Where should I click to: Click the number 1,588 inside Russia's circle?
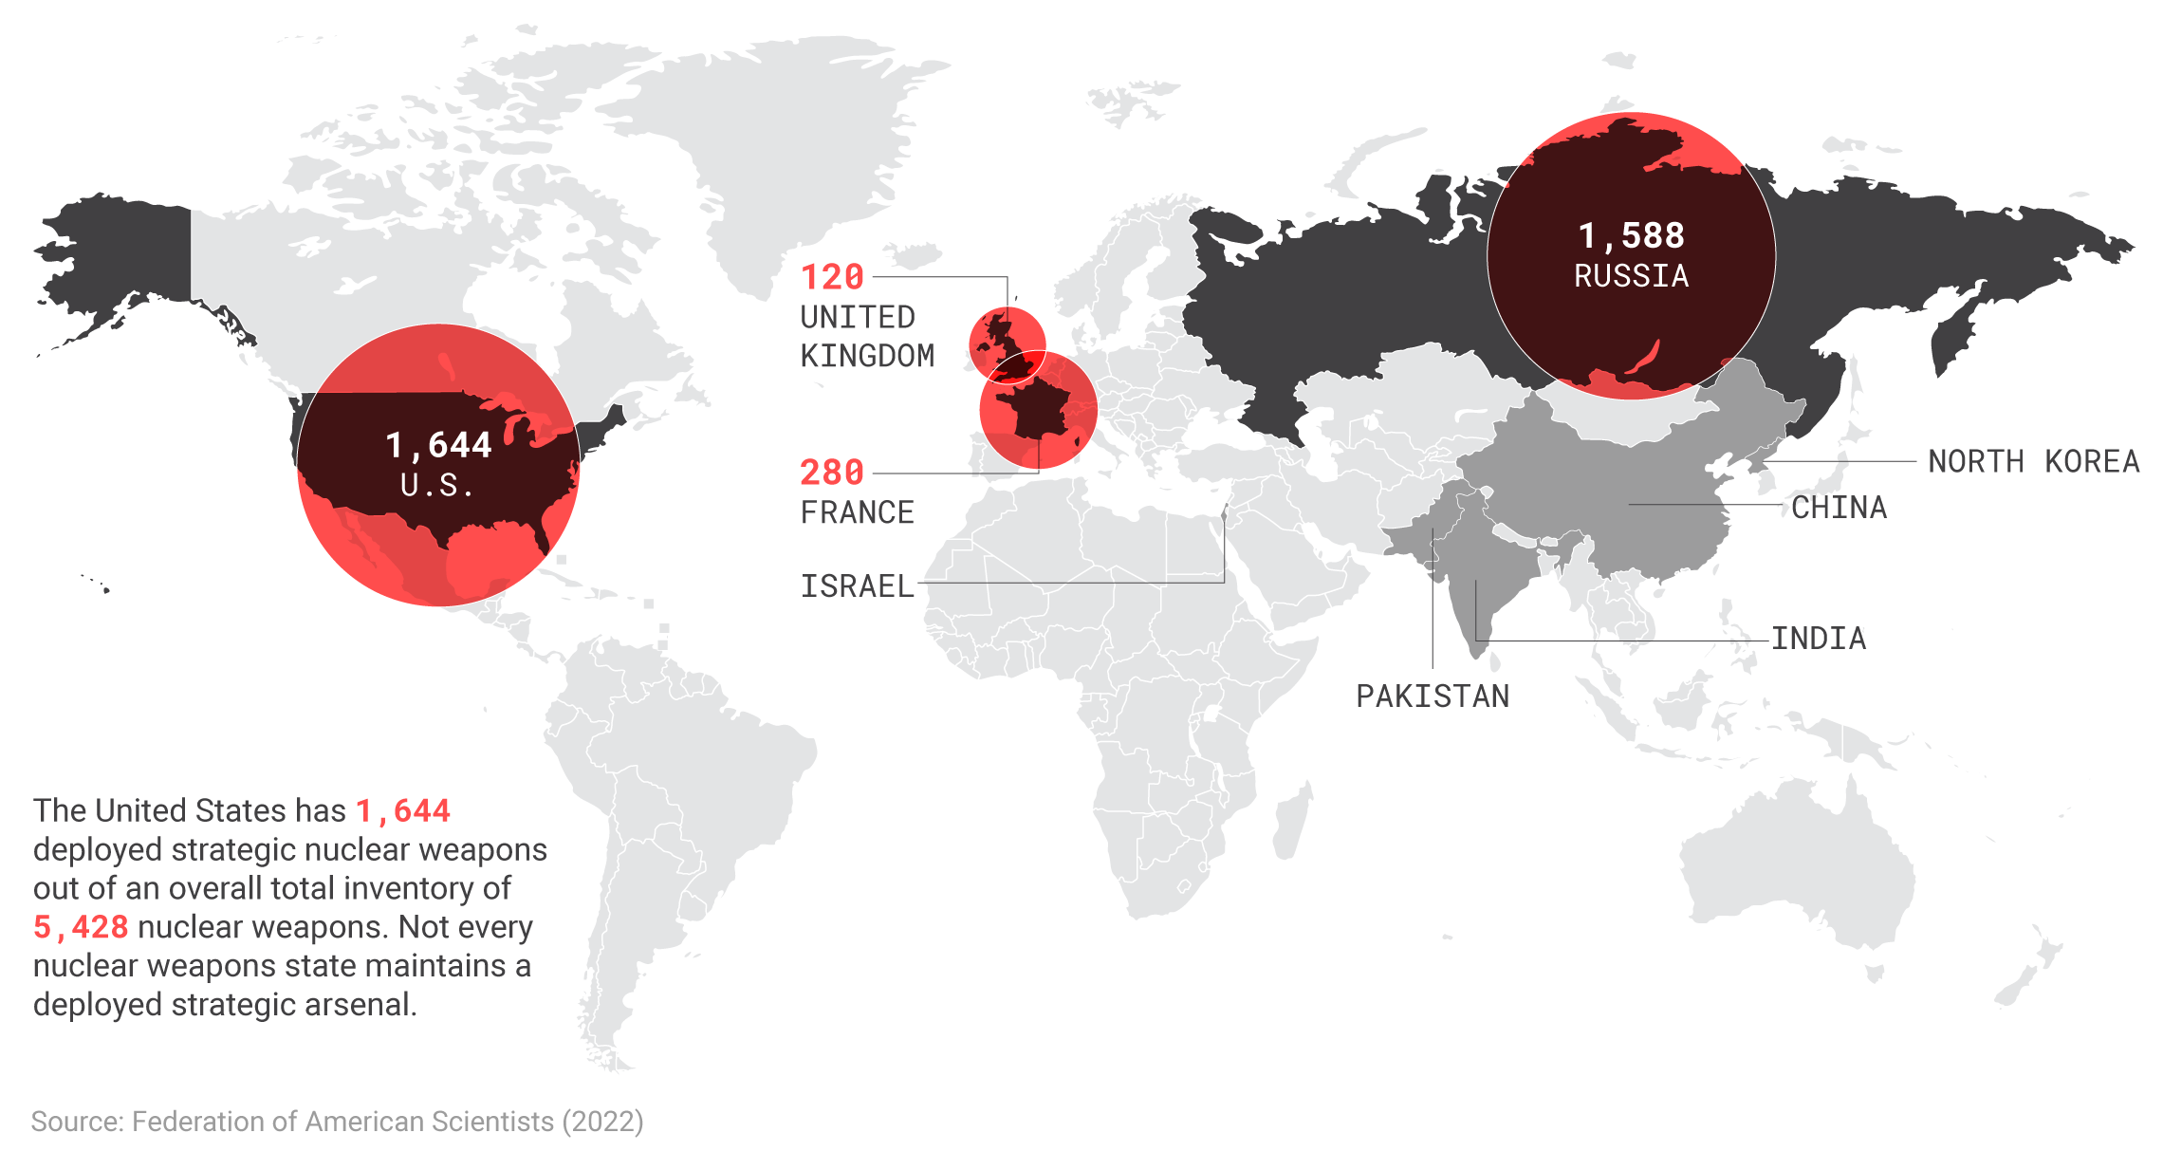point(1631,235)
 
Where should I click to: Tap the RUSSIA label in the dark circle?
point(1631,276)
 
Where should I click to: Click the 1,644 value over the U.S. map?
point(438,445)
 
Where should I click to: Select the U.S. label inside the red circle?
point(436,486)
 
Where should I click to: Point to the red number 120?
point(832,277)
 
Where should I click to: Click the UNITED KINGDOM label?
point(866,336)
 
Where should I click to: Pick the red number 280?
point(832,473)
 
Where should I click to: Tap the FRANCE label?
point(857,512)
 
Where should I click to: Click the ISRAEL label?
point(857,586)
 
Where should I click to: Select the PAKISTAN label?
point(1432,696)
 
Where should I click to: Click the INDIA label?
point(1818,639)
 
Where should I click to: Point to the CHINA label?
point(1839,508)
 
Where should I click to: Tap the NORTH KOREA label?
point(2033,461)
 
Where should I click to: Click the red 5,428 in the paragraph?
point(81,927)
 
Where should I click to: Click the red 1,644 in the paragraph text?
point(403,811)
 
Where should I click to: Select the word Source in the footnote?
point(76,1122)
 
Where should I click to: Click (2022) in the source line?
point(602,1122)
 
